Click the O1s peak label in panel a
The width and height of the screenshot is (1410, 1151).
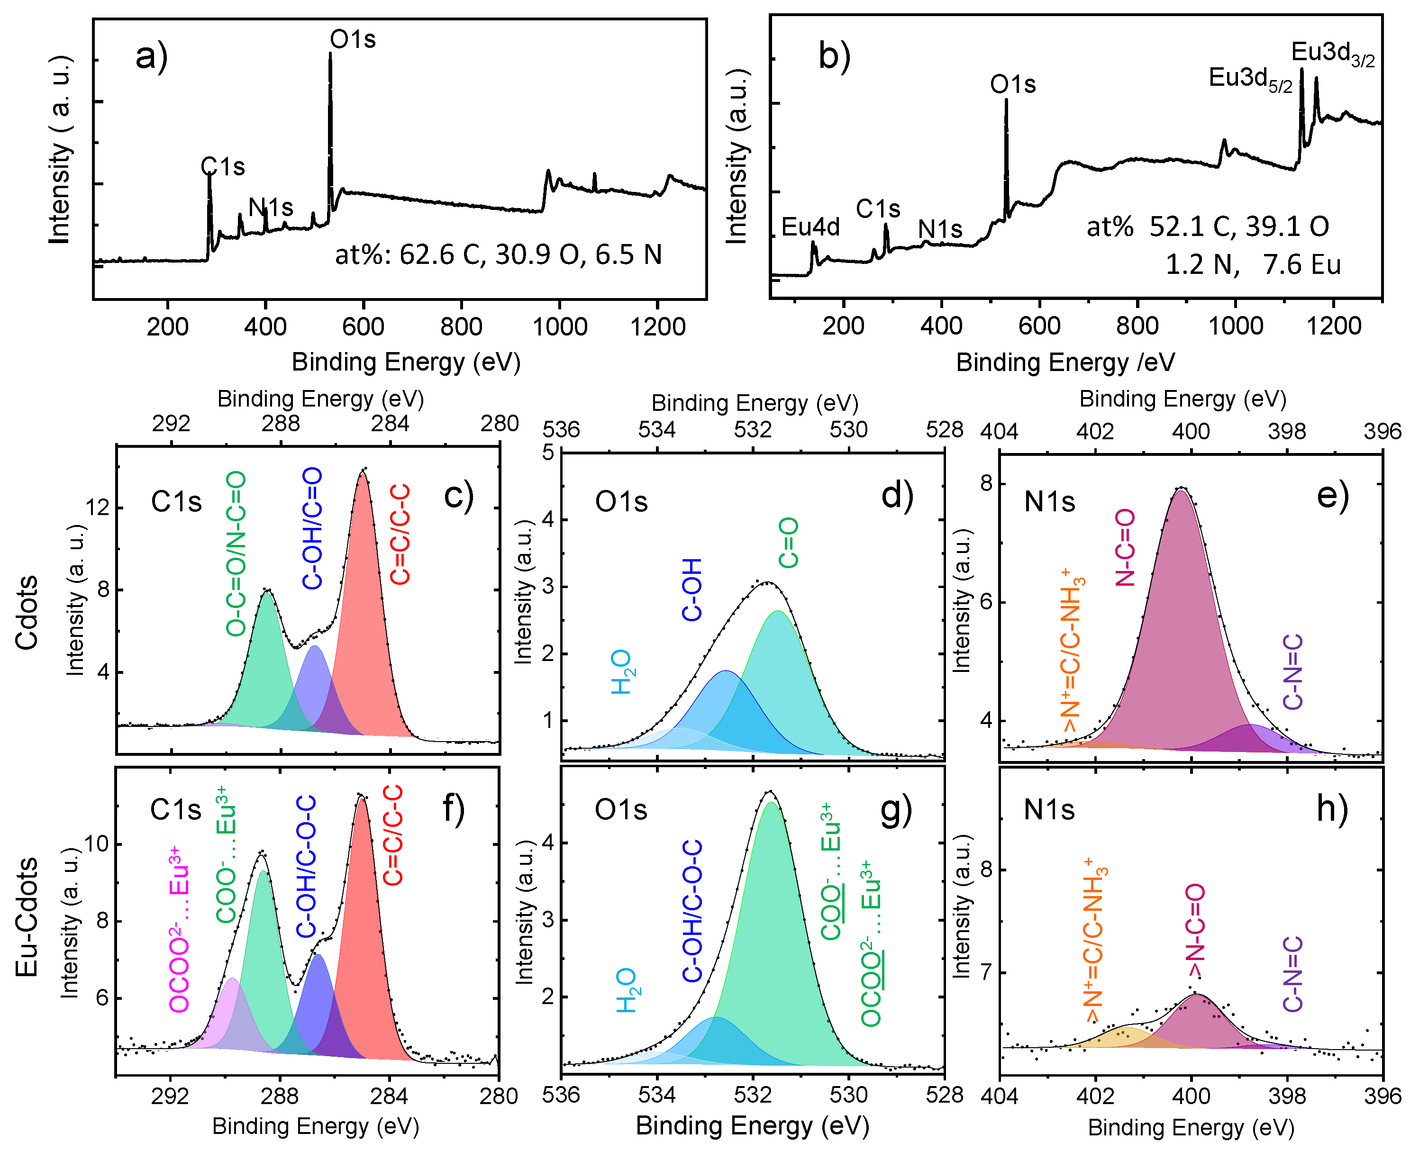coord(353,40)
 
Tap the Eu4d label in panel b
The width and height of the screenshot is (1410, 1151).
coord(810,227)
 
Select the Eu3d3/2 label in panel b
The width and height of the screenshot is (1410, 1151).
coord(1332,54)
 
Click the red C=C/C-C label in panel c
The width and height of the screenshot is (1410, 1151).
coord(400,534)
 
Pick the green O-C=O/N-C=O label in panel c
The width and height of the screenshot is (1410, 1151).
coord(236,553)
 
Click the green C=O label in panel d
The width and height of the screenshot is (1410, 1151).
coord(788,543)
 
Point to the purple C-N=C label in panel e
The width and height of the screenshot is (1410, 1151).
coord(1292,671)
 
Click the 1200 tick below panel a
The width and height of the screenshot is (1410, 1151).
coord(658,327)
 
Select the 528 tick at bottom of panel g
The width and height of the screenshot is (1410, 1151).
coord(944,1095)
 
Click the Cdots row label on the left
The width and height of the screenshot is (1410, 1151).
coord(27,613)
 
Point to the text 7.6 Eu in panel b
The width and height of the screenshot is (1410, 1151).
coord(1301,264)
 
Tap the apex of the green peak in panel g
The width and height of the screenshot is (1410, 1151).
coord(771,804)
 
